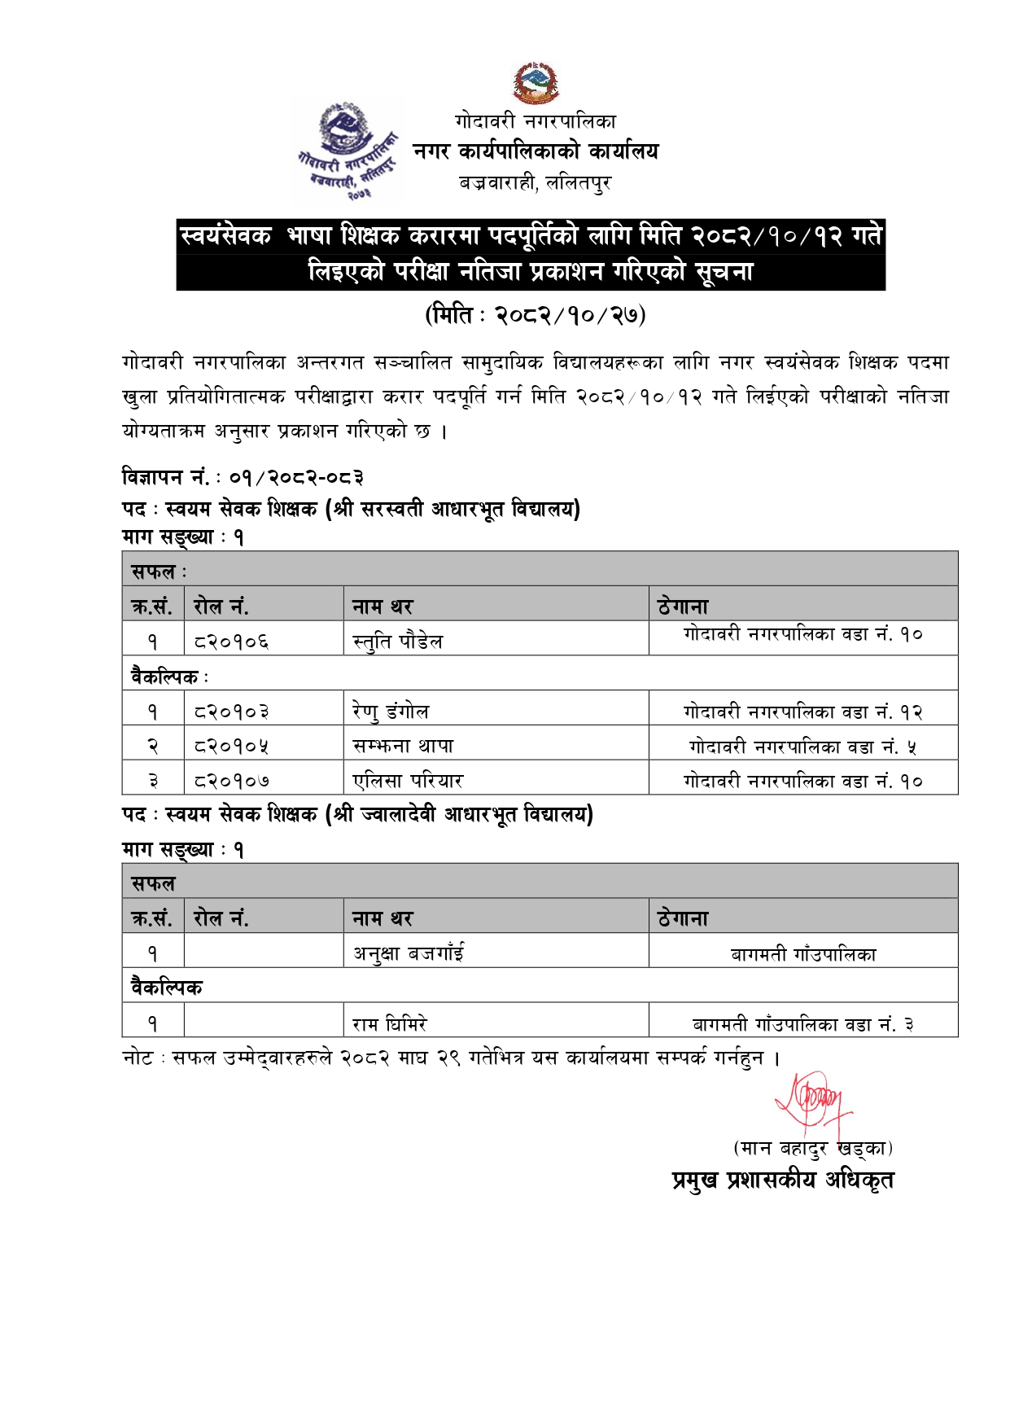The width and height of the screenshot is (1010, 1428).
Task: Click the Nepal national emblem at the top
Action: click(535, 83)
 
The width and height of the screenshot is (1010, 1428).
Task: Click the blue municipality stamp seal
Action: click(348, 149)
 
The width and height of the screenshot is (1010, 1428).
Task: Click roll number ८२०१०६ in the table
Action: click(231, 642)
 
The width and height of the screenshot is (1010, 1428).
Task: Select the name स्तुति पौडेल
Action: click(398, 642)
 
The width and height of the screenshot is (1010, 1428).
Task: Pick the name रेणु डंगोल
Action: click(391, 712)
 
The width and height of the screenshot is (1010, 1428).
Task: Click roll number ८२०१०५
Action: click(231, 747)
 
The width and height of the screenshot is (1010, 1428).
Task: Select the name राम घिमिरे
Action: click(390, 1023)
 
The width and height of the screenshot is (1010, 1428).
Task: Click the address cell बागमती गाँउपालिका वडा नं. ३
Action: click(802, 1024)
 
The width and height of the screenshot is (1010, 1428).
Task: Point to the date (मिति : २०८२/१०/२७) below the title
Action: click(535, 315)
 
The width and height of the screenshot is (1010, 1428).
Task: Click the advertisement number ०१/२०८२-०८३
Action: click(296, 477)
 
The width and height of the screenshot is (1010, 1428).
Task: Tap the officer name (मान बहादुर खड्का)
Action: click(812, 1148)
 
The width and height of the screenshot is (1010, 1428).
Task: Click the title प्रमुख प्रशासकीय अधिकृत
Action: click(782, 1180)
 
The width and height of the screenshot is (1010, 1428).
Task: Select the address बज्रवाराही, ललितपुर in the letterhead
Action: click(535, 183)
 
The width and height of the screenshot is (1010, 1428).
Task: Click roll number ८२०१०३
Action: click(231, 712)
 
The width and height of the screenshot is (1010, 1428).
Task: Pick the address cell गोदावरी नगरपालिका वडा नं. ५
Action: click(802, 747)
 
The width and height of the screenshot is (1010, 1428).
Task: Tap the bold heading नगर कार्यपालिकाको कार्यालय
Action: click(536, 151)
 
